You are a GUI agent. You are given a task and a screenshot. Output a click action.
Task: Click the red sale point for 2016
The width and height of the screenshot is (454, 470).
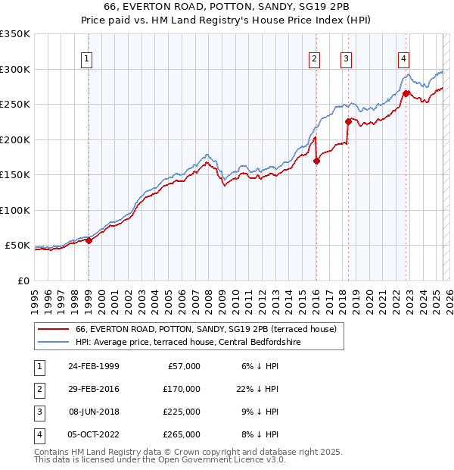pyautogui.click(x=316, y=161)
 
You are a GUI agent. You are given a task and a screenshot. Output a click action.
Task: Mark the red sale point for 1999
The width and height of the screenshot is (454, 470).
pyautogui.click(x=89, y=240)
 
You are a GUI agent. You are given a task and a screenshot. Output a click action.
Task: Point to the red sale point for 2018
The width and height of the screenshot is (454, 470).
pyautogui.click(x=348, y=121)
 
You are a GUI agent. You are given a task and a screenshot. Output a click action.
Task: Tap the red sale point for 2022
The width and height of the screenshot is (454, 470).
pyautogui.click(x=406, y=93)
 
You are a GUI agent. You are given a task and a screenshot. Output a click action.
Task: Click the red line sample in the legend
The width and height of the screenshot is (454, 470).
pyautogui.click(x=53, y=329)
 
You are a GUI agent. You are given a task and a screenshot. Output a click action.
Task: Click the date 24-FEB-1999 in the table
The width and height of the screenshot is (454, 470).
pyautogui.click(x=93, y=366)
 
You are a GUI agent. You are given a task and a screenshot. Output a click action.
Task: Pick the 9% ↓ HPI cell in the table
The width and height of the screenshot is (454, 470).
pyautogui.click(x=257, y=412)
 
